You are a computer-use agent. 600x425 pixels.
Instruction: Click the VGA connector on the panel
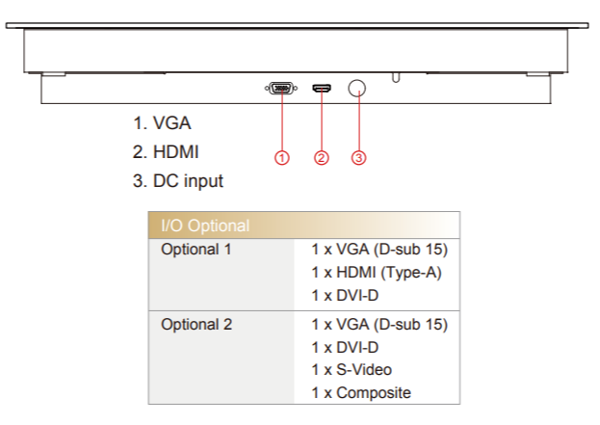[x=280, y=90]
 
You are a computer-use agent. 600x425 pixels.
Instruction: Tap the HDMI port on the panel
[x=322, y=90]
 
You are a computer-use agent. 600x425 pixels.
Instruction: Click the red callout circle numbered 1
[x=281, y=157]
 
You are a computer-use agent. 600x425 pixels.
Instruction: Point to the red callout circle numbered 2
[x=322, y=157]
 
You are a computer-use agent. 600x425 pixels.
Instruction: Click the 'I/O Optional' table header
[x=205, y=226]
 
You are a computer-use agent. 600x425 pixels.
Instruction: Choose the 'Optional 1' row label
[x=196, y=250]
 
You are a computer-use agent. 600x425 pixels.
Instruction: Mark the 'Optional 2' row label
[x=196, y=324]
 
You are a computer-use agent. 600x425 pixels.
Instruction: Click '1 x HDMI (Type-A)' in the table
[x=376, y=273]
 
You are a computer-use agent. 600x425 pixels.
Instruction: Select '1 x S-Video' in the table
[x=352, y=369]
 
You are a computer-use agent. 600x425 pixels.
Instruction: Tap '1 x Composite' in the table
[x=360, y=392]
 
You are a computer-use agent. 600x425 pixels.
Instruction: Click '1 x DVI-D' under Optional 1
[x=345, y=296]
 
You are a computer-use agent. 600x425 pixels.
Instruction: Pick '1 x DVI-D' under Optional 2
[x=345, y=347]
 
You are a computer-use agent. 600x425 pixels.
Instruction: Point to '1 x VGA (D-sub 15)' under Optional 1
[x=379, y=250]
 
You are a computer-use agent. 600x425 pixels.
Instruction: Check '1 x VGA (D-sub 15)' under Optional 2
[x=379, y=324]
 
